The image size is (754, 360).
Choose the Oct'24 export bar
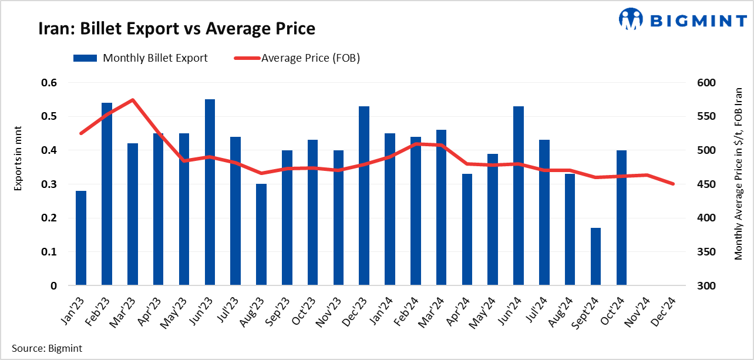point(621,218)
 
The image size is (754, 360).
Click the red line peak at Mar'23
point(133,100)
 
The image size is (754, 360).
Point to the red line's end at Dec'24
point(673,184)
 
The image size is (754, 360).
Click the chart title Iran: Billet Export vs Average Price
point(177,29)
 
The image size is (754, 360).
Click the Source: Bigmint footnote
point(47,348)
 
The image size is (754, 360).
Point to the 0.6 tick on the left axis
point(49,83)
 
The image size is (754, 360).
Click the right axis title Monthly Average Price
point(738,174)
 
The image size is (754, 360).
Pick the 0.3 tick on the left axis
point(49,184)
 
